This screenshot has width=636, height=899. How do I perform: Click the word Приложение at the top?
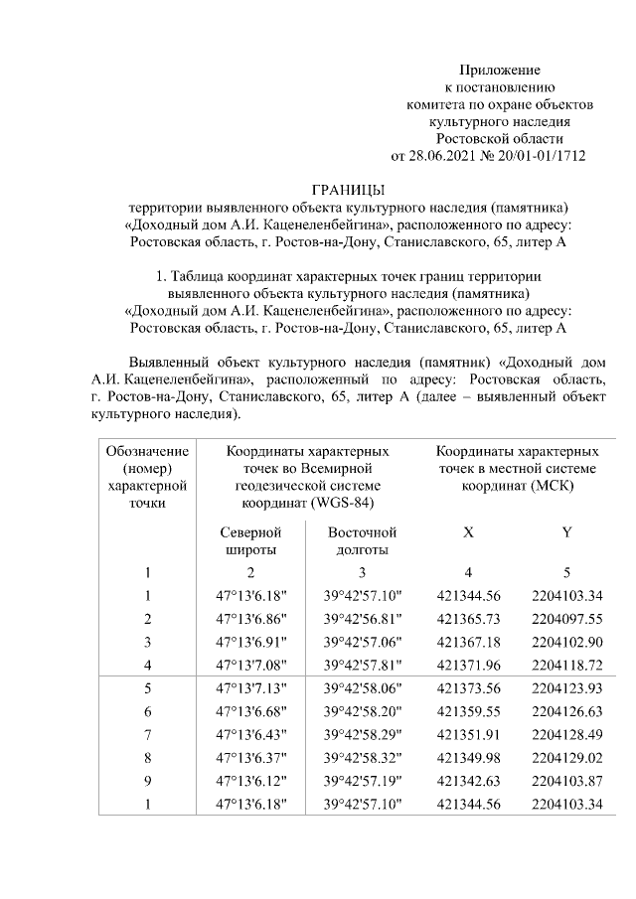tap(499, 70)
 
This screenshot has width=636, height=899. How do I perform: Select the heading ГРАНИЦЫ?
tap(348, 190)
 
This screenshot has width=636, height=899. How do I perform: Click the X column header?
tap(468, 532)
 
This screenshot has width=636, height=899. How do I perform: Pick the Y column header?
tap(566, 532)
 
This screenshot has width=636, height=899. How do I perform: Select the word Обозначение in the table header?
tap(147, 451)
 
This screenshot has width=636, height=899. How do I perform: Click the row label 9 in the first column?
tap(147, 781)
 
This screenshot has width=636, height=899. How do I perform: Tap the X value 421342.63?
tap(468, 781)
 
